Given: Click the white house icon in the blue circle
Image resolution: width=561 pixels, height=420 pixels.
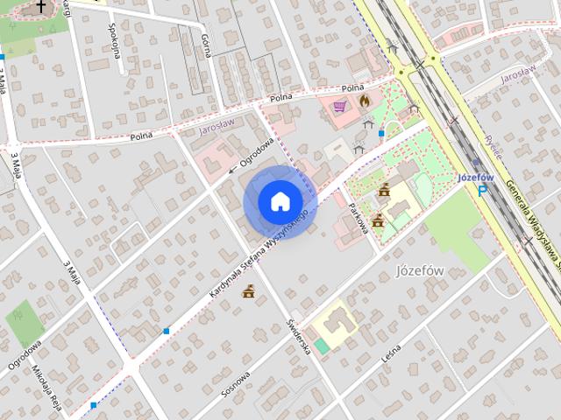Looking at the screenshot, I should point(280,201).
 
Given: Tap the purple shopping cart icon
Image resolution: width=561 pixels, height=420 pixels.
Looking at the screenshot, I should point(338,105).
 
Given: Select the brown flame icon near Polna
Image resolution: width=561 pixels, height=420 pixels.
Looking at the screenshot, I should point(365,101).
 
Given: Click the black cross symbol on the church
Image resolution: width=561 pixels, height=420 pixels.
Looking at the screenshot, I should point(39,7).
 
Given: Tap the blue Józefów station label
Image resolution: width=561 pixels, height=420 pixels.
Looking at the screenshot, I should point(476,177).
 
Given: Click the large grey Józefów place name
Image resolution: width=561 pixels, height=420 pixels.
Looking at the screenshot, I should point(420,269).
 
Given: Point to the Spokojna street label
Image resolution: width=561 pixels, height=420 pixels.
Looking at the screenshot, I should point(115,39).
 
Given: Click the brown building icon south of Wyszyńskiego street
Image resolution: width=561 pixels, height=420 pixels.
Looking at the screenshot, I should point(249,291).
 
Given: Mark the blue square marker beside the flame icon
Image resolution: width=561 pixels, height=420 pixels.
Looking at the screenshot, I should point(381,134).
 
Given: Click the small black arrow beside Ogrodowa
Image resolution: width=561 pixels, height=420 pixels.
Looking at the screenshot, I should point(232,168).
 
